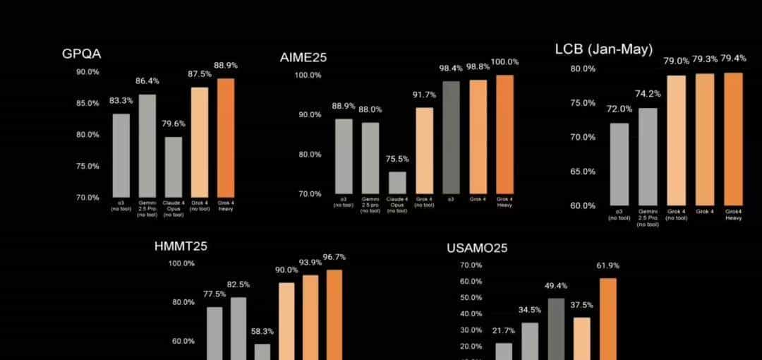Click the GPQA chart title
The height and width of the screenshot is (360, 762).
tap(81, 54)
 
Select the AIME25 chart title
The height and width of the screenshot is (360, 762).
tap(303, 58)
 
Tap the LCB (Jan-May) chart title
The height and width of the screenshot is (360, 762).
tap(603, 49)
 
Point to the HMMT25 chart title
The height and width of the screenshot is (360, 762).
tap(181, 246)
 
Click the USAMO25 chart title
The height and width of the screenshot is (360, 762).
tap(477, 248)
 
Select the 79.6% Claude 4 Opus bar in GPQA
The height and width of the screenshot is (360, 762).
tap(174, 167)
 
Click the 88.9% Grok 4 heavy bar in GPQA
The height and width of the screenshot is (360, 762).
tap(226, 138)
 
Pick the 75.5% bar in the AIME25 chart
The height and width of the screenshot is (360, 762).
tap(397, 182)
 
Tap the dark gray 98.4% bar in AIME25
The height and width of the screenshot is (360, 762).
tap(452, 137)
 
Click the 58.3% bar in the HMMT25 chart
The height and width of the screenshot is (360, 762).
tap(262, 352)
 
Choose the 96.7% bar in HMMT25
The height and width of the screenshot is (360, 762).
tap(334, 314)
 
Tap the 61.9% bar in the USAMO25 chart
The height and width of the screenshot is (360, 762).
tap(607, 318)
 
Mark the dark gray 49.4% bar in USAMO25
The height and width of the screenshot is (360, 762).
tap(556, 328)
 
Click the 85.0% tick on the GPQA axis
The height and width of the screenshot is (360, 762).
tap(88, 103)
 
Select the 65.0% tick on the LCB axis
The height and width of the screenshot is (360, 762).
tap(583, 172)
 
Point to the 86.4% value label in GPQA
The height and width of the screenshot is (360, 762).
tap(147, 81)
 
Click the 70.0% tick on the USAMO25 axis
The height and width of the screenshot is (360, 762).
tap(471, 265)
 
